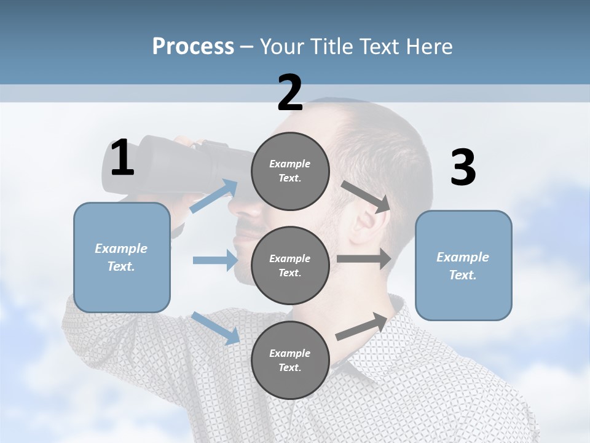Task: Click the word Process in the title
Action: (x=193, y=46)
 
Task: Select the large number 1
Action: (x=122, y=158)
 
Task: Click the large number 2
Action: (x=290, y=93)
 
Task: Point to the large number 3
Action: (x=463, y=168)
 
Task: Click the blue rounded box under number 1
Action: (x=122, y=257)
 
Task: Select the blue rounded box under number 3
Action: (x=463, y=265)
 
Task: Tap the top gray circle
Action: (x=290, y=171)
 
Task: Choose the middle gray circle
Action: (x=290, y=265)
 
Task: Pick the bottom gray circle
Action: (x=290, y=360)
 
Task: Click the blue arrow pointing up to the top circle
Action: (x=214, y=196)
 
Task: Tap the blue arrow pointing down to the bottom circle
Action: (x=215, y=328)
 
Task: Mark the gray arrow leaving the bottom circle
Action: (x=363, y=326)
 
